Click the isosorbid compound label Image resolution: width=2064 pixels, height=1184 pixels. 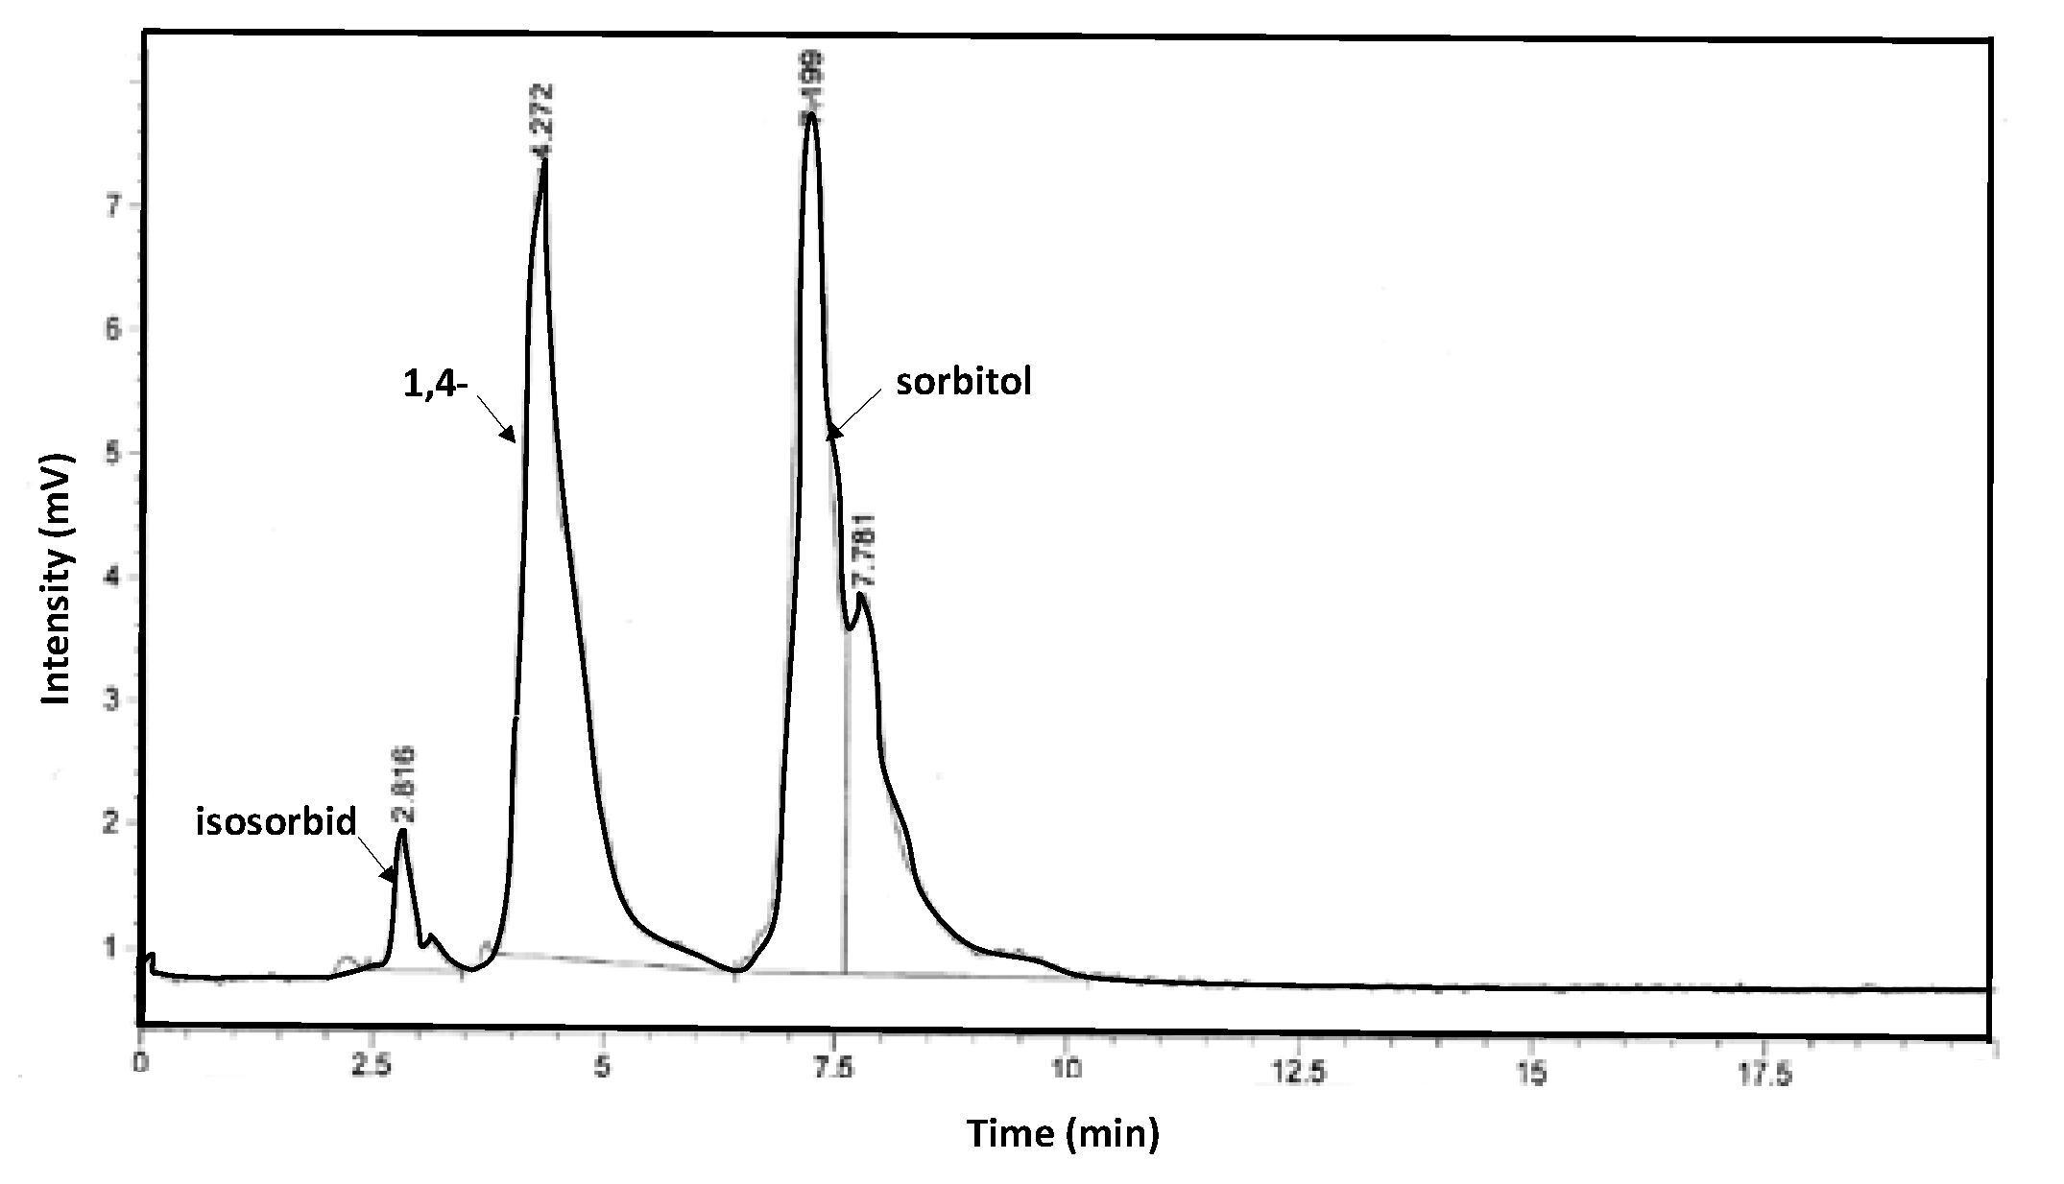coord(276,822)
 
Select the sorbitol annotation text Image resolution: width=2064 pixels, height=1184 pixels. coord(963,383)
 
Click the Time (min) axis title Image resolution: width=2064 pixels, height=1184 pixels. coord(1062,1134)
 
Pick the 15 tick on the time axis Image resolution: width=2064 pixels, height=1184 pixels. coord(1532,1073)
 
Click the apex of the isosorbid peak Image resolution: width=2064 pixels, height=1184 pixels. coord(402,831)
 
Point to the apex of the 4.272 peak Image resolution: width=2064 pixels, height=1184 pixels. coord(544,161)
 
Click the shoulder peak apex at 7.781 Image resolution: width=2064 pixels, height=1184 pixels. coord(861,595)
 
